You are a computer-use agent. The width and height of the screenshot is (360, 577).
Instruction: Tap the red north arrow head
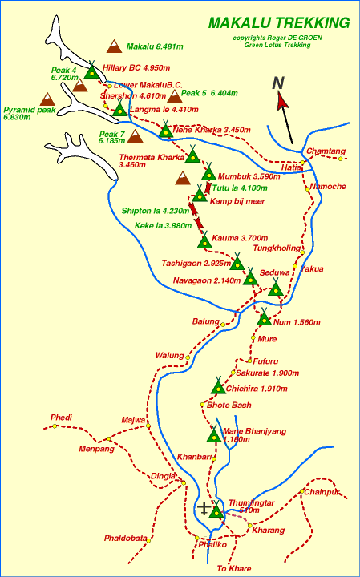pyautogui.click(x=282, y=100)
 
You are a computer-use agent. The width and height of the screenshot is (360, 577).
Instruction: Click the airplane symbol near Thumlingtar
pyautogui.click(x=206, y=507)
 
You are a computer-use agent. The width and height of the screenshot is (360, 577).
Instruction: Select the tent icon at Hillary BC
pyautogui.click(x=91, y=70)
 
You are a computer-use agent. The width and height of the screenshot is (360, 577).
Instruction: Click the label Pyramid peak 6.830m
pyautogui.click(x=30, y=113)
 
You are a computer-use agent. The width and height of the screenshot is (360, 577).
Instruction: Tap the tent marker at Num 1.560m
pyautogui.click(x=265, y=318)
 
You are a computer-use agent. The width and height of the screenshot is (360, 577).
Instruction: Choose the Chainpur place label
pyautogui.click(x=322, y=492)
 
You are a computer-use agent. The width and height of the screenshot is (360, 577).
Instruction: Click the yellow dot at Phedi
pyautogui.click(x=55, y=426)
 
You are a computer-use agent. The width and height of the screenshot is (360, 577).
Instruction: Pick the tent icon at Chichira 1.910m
pyautogui.click(x=217, y=386)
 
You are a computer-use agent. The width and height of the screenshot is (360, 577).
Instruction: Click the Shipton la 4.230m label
pyautogui.click(x=153, y=211)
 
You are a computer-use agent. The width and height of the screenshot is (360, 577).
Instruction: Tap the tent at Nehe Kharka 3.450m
pyautogui.click(x=166, y=129)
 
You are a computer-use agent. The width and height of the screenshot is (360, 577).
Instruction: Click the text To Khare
pyautogui.click(x=234, y=568)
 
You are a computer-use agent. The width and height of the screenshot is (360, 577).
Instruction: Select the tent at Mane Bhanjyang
pyautogui.click(x=214, y=435)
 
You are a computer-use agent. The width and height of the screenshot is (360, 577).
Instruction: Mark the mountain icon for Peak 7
pyautogui.click(x=134, y=137)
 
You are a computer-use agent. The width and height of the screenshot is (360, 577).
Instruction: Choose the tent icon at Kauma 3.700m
pyautogui.click(x=204, y=239)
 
